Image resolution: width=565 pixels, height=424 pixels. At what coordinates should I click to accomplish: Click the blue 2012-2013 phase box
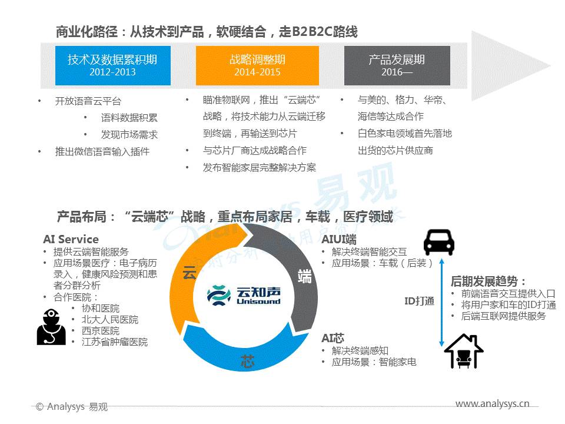pos(113,65)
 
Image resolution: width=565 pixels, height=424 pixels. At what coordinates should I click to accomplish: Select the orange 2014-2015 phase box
pos(257,65)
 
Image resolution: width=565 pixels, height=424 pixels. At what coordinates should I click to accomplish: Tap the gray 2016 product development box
pos(397,65)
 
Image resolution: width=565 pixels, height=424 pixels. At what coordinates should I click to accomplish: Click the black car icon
pos(438,242)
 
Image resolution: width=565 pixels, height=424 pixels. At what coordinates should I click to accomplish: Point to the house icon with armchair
pos(464,351)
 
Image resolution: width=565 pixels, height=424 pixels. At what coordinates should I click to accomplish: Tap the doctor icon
pos(51,327)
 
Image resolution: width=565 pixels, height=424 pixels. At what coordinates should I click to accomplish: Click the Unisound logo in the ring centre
pos(244,295)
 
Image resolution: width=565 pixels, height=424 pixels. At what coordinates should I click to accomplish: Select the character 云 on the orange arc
pos(190,273)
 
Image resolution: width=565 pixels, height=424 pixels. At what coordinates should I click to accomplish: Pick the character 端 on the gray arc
pos(304,277)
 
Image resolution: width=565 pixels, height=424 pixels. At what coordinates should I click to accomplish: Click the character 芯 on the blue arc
pos(248,361)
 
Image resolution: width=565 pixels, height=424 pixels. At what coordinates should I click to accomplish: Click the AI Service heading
pos(71,240)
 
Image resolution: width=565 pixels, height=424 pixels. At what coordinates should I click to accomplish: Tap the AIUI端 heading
pos(339,240)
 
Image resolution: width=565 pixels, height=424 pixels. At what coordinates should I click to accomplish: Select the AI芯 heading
pos(333,338)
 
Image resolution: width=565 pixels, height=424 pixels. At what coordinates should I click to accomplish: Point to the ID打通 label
pos(419,301)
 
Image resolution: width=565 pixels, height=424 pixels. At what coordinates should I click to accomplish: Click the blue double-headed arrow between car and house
pos(442,302)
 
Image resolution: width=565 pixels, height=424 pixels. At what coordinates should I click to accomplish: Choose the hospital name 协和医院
pos(101,308)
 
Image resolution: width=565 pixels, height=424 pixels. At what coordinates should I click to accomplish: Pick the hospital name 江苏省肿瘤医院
pos(115,342)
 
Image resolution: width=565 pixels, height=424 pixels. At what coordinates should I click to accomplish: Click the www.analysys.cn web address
pos(492,404)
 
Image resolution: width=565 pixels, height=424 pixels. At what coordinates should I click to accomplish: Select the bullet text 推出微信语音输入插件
pos(102,151)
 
